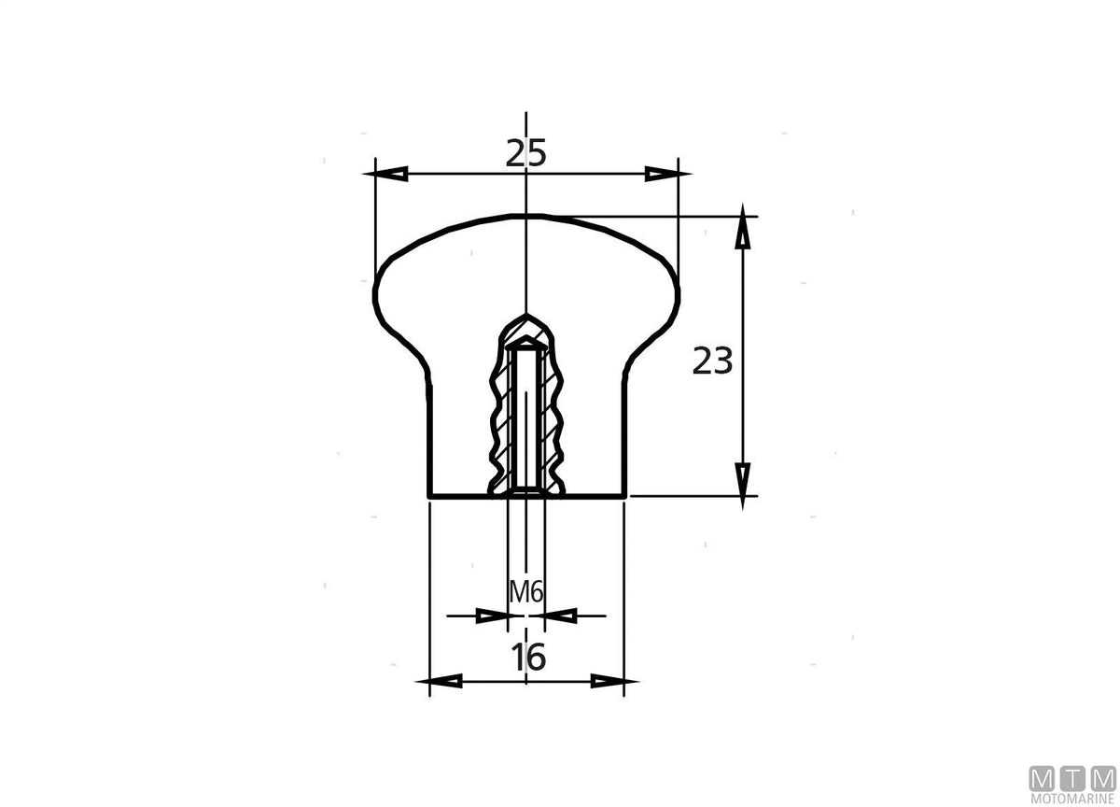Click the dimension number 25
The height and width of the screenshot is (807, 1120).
(526, 153)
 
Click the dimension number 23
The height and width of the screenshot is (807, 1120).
(712, 361)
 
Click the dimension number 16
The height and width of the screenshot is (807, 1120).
(529, 658)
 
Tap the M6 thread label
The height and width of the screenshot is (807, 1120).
(526, 593)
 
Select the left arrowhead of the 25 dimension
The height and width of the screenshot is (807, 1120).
(385, 174)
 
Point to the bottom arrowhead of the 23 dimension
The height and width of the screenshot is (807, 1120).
(743, 486)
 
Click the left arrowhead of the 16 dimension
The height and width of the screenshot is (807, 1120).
(439, 681)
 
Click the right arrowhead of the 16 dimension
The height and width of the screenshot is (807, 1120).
(614, 681)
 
